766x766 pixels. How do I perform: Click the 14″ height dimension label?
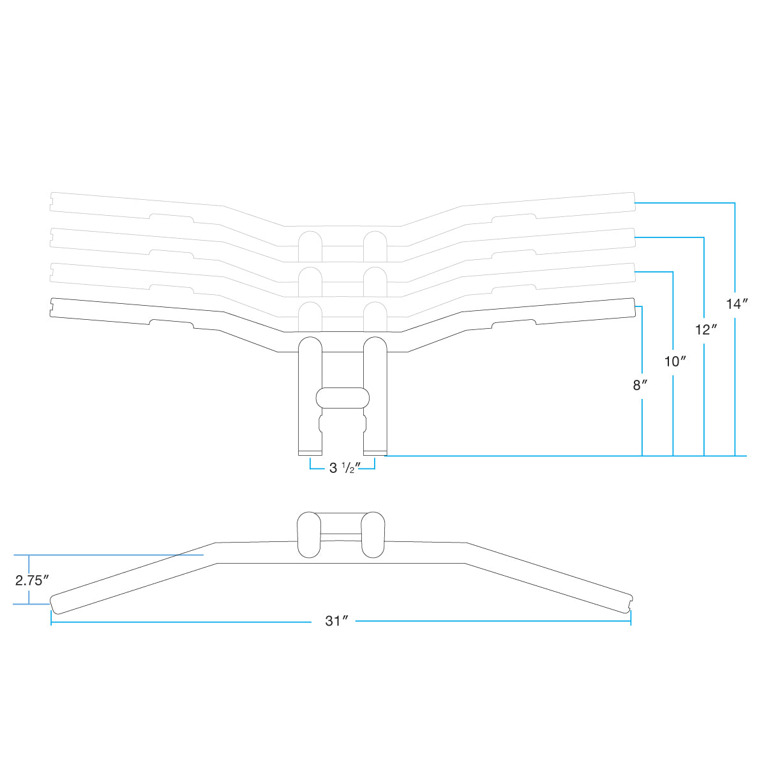pos(737,304)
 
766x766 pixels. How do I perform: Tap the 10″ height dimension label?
pos(675,361)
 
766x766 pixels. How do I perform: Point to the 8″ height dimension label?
pos(640,385)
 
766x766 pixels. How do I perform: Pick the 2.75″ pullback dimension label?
pos(32,581)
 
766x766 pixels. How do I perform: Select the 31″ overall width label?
pos(336,621)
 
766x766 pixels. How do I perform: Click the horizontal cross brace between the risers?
pos(343,398)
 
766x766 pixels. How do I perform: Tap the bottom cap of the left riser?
pos(310,453)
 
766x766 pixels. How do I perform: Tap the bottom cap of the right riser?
pos(375,453)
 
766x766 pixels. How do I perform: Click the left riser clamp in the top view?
pos(309,535)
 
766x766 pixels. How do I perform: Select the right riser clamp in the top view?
pos(373,535)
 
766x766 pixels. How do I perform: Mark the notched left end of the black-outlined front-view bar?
pos(52,307)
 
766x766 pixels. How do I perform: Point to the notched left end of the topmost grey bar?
pos(52,202)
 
